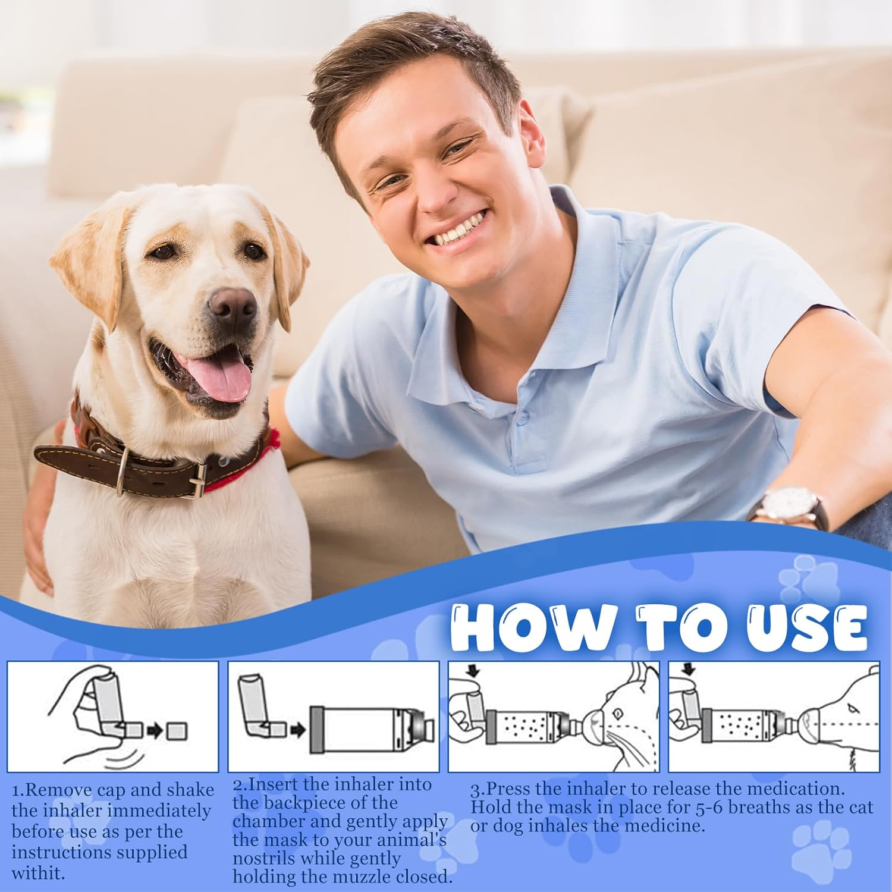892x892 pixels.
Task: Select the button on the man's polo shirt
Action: [523, 418]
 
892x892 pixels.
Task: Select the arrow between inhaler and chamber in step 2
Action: [298, 729]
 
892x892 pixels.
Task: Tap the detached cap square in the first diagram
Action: [177, 730]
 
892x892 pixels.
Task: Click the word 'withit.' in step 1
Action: [37, 873]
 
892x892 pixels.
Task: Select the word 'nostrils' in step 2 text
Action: [256, 859]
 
